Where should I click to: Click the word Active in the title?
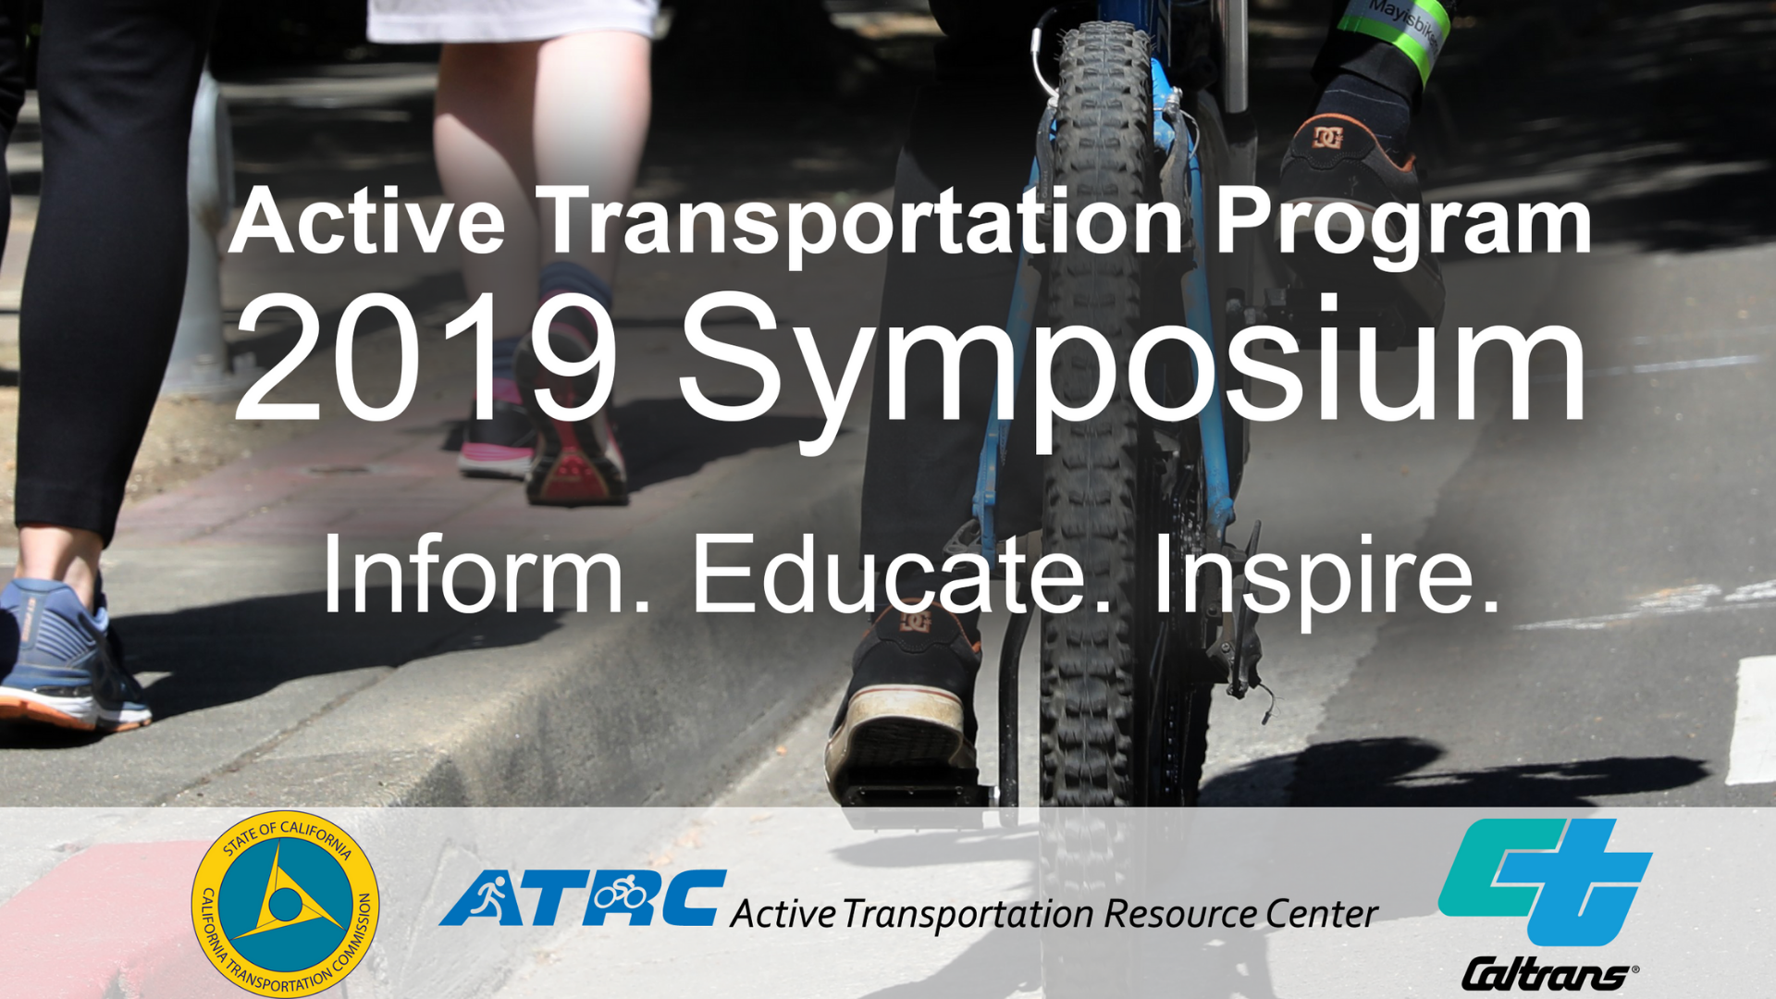366,221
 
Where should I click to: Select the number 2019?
425,358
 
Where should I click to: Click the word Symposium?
1132,361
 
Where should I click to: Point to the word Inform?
487,574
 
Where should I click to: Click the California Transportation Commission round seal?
285,904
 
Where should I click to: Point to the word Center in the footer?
1321,915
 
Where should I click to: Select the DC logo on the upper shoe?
1328,137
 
